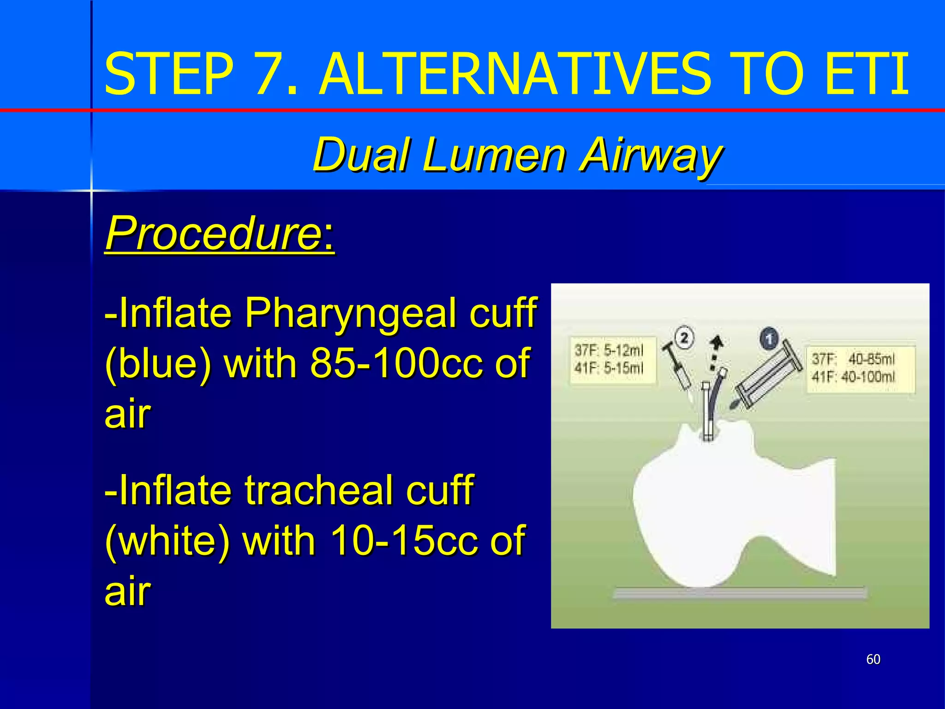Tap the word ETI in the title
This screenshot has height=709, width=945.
coord(867,74)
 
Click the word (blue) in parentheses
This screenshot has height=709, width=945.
coord(158,364)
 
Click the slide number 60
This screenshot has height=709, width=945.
coord(873,659)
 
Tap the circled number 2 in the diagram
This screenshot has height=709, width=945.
coord(684,338)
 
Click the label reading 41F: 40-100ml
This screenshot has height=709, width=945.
coord(853,377)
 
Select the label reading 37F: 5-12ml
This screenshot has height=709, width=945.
coord(609,350)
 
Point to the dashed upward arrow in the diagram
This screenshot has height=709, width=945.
coord(715,353)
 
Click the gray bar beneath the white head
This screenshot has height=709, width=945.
coord(740,593)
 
